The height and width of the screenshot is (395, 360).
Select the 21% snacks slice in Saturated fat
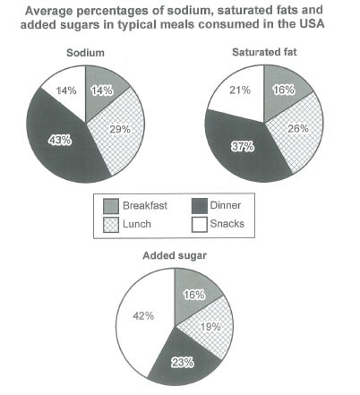point(235,93)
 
